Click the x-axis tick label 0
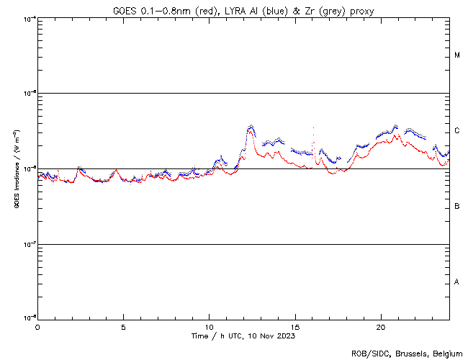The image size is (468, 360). click(37, 326)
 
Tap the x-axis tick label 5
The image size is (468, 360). click(123, 326)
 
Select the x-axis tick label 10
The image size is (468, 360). click(209, 326)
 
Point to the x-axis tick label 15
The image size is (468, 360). click(294, 326)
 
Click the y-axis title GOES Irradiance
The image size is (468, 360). click(15, 169)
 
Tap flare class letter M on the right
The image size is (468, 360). click(457, 55)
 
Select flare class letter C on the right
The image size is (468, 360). click(457, 131)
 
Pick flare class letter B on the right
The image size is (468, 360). click(457, 207)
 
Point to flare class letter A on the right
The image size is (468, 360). click(457, 282)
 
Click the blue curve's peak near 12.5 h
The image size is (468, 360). click(251, 126)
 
